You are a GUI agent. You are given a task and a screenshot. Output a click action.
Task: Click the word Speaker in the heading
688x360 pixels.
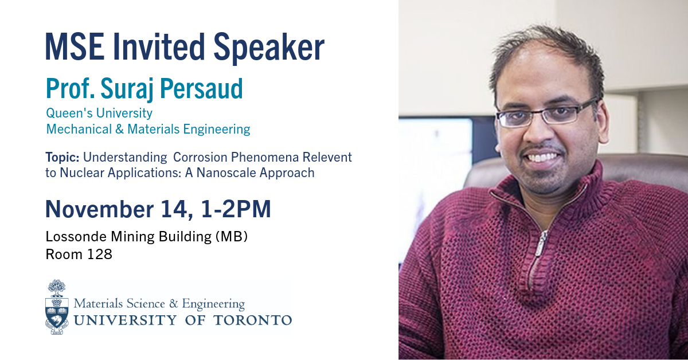269,48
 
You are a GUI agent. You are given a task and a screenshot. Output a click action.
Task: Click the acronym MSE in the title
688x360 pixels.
75,46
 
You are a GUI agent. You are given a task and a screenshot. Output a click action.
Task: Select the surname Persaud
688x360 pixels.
201,88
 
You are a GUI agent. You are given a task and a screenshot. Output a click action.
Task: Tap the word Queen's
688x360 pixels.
68,113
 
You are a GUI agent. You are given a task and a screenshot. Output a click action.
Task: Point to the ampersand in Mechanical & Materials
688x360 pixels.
119,129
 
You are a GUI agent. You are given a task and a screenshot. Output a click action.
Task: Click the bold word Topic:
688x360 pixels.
62,157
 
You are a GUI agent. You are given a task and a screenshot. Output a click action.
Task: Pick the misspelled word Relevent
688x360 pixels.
327,157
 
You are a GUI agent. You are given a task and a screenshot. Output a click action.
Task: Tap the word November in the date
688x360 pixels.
99,209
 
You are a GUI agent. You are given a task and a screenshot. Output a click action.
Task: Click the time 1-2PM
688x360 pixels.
236,209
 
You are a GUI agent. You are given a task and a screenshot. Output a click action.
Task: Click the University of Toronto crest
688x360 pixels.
57,307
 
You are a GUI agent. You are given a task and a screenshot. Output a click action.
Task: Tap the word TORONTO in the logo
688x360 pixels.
252,320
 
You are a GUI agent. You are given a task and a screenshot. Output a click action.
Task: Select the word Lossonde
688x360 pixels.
76,237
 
